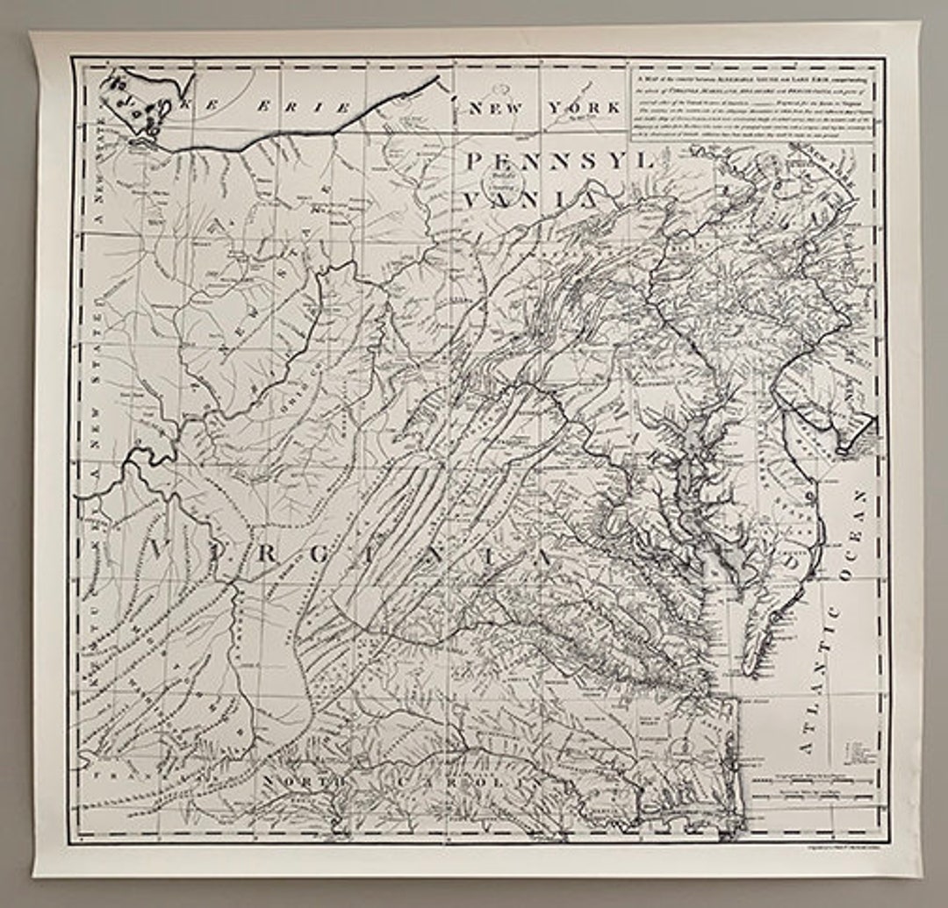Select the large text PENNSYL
click(559, 161)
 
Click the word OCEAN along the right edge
click(857, 534)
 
